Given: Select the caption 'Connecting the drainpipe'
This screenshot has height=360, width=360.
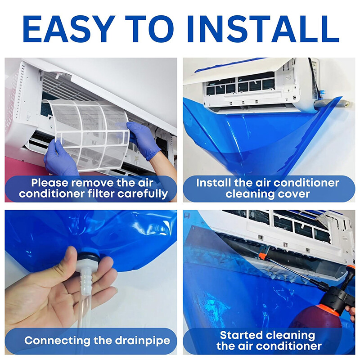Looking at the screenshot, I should (x=97, y=340).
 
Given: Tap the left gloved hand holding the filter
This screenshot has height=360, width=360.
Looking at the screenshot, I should (x=59, y=157).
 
